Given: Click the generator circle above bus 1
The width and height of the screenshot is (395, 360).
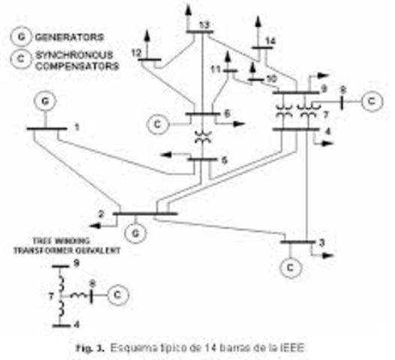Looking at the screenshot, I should pos(47,100).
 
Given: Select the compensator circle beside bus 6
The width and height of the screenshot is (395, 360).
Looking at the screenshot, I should pos(159,122).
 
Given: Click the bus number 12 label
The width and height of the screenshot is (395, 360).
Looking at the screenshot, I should pos(136,52).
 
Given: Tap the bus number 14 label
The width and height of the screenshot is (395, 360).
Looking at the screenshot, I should pos(271,40).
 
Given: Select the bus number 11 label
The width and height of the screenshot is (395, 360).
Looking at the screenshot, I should pos(215,69).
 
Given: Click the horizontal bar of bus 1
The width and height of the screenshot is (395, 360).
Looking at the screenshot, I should pos(46,129).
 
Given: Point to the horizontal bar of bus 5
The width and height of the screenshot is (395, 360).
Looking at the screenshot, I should pos(202,159).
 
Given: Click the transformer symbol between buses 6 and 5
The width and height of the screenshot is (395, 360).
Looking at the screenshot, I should pos(202,137).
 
